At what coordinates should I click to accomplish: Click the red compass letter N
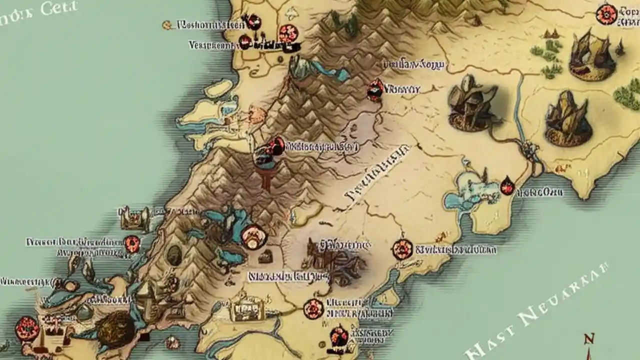click(x=589, y=339)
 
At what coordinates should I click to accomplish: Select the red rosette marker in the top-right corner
click(x=606, y=14)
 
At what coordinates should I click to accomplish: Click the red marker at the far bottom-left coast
click(x=24, y=328)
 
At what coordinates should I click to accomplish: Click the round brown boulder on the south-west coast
click(x=115, y=328)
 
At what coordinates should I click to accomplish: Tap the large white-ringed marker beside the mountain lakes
click(x=253, y=236)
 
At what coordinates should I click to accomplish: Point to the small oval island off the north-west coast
click(x=218, y=88)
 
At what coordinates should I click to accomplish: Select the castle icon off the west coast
click(x=134, y=217)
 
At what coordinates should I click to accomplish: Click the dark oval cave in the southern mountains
click(x=174, y=255)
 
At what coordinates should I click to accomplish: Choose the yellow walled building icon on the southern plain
click(x=246, y=309)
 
